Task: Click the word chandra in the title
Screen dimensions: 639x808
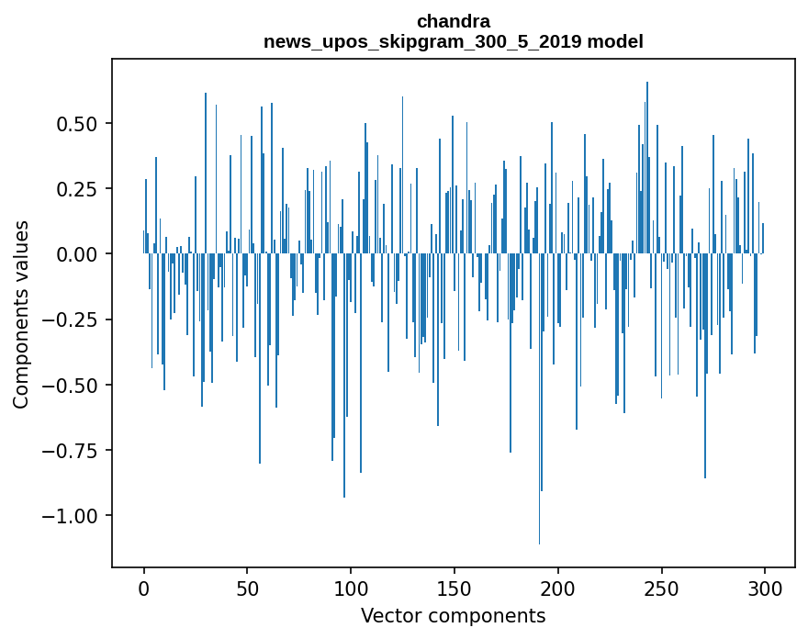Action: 453,21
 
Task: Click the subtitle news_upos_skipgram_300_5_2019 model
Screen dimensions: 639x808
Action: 453,41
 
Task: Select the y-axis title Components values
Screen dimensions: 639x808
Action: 20,314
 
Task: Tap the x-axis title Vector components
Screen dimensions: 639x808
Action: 453,616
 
